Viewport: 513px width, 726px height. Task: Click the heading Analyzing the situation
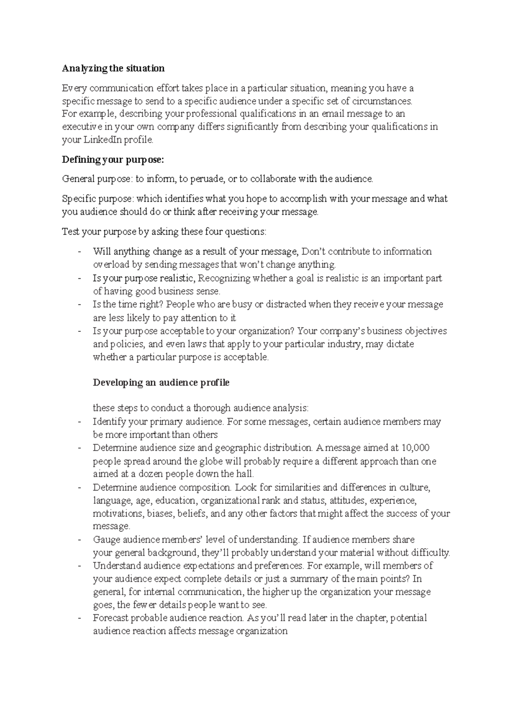point(113,68)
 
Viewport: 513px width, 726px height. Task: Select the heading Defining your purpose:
point(113,160)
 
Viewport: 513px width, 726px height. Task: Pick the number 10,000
point(416,448)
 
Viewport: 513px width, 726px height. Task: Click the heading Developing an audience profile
point(161,383)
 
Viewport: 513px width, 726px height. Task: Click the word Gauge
point(106,540)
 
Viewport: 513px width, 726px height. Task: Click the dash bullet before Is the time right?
point(80,305)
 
